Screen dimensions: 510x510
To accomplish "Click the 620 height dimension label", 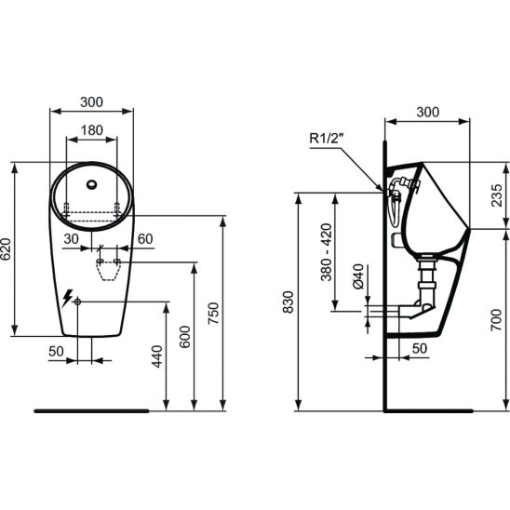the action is point(7,249).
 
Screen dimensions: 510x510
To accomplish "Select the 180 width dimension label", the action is point(92,130).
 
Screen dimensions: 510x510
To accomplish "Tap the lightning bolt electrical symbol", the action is point(67,298).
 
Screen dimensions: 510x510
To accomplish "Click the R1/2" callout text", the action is point(327,139).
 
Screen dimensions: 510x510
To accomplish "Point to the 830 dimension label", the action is point(289,302).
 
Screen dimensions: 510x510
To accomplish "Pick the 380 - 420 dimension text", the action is point(327,252).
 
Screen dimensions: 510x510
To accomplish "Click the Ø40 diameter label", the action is point(357,276).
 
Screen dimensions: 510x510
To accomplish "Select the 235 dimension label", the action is point(497,195).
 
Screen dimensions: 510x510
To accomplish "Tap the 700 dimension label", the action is point(496,320).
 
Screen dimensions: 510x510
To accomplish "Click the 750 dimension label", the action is point(214,314).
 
